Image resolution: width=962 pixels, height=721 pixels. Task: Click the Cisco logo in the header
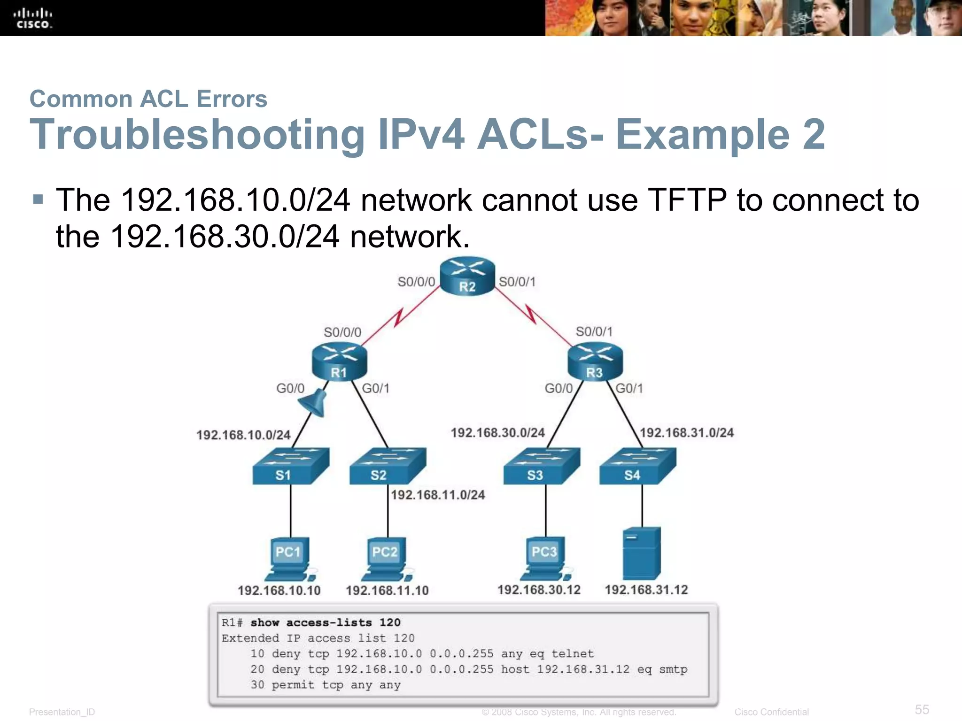(x=32, y=18)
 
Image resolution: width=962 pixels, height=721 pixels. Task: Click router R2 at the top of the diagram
(x=467, y=276)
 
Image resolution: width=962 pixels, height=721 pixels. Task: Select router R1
(x=339, y=362)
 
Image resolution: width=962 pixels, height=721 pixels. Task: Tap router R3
(x=595, y=362)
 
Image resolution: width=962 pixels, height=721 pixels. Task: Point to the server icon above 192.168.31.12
(x=641, y=554)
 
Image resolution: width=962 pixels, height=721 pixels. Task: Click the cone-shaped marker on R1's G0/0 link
(x=314, y=403)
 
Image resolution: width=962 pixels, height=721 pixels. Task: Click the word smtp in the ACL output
(x=673, y=669)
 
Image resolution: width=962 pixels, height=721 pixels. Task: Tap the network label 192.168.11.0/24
(x=438, y=495)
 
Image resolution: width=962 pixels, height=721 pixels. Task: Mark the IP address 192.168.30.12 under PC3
(x=539, y=590)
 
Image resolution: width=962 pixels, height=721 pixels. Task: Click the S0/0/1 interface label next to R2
(x=517, y=282)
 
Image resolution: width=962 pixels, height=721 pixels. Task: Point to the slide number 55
(x=922, y=709)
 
